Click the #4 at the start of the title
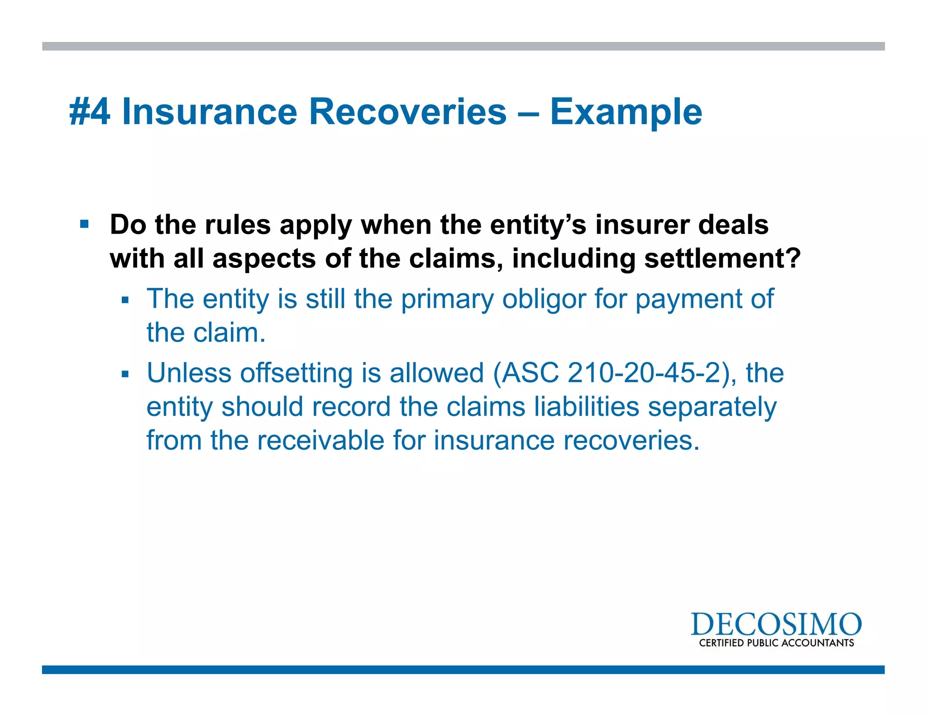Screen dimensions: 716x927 click(x=90, y=112)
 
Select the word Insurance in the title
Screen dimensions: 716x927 click(x=209, y=112)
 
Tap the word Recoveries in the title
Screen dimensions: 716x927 click(x=407, y=112)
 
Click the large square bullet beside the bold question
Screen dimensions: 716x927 click(x=84, y=224)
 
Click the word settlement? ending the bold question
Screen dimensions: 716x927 click(x=722, y=258)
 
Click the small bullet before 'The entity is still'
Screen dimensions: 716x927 click(x=125, y=300)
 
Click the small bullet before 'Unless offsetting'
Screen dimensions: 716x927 click(x=125, y=374)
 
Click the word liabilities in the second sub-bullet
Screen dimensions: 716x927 click(x=587, y=407)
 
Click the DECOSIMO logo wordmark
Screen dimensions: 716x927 click(x=776, y=625)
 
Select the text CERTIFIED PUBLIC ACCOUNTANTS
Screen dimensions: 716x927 click(x=776, y=643)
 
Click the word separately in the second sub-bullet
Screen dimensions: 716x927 click(x=712, y=407)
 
